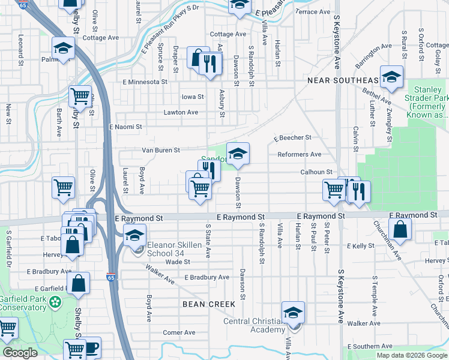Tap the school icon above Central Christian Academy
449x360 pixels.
[293, 313]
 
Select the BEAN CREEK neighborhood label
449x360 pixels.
[209, 304]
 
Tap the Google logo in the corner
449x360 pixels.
[20, 353]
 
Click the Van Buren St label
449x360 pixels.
[161, 150]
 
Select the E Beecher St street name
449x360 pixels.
[292, 137]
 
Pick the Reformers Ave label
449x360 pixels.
[299, 154]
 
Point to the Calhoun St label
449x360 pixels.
[317, 172]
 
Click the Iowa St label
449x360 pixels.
[193, 97]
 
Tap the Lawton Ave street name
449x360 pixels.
[181, 112]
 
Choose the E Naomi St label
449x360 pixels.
[125, 127]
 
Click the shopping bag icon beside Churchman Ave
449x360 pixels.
[400, 230]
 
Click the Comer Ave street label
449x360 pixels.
[179, 332]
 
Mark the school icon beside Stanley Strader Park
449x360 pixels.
[391, 77]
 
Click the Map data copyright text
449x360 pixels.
[412, 355]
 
